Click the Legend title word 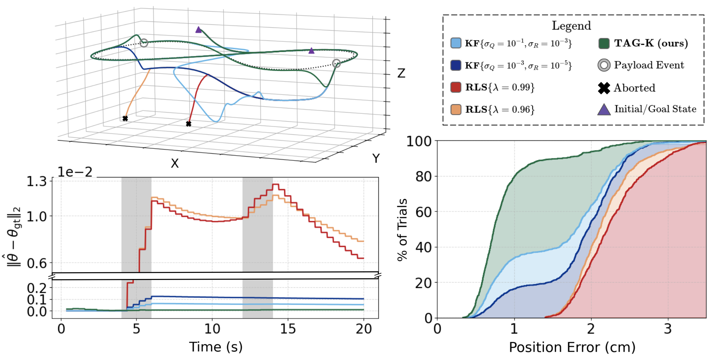571,26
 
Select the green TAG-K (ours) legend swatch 604,43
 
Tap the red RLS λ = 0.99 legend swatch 456,87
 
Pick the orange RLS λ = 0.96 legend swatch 456,110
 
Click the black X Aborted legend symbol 604,88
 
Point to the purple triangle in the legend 604,110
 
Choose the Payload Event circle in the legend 604,65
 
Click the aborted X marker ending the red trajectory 189,124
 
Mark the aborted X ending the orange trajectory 125,119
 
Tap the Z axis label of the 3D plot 401,73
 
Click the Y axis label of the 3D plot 376,158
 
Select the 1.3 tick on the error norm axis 37,182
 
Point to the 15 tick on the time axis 288,329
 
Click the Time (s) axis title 216,347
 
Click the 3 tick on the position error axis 668,329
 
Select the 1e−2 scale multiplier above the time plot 75,172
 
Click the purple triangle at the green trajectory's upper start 199,30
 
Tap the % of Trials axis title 402,230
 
